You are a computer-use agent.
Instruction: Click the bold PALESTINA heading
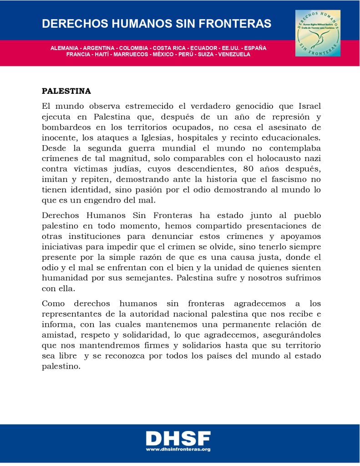click(x=66, y=91)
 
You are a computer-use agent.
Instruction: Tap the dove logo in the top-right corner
click(x=318, y=33)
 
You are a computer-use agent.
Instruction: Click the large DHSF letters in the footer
click(x=178, y=438)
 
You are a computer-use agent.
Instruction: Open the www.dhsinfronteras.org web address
click(x=178, y=449)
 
